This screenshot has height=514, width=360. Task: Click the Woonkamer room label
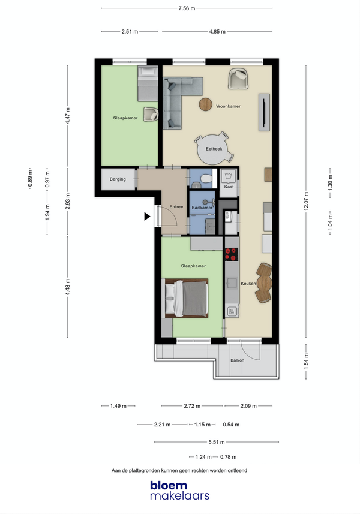click(x=228, y=106)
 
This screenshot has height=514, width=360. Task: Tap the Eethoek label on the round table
click(x=214, y=149)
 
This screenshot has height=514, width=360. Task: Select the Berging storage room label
click(x=118, y=179)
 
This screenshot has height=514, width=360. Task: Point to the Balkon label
click(x=238, y=360)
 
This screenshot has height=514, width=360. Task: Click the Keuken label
click(x=248, y=284)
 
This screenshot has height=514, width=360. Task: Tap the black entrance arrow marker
click(x=147, y=217)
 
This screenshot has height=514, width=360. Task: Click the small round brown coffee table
click(x=206, y=104)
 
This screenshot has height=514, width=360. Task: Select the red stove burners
click(x=231, y=254)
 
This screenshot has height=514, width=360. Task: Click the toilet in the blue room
click(x=206, y=178)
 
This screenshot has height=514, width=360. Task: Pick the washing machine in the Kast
click(x=228, y=176)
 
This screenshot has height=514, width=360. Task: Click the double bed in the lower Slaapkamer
click(x=186, y=298)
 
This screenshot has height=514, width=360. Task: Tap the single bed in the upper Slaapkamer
click(x=148, y=83)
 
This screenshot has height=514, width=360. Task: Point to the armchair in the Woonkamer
click(x=238, y=79)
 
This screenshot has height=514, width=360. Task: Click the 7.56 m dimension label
click(x=187, y=8)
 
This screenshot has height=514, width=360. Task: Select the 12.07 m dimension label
click(x=306, y=201)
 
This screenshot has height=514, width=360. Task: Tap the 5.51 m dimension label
click(x=217, y=442)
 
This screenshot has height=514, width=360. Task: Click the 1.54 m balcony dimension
click(x=306, y=361)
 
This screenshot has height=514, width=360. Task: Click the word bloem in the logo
click(x=169, y=485)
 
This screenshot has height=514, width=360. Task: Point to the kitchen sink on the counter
click(x=232, y=283)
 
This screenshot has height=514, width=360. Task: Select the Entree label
click(x=176, y=206)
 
